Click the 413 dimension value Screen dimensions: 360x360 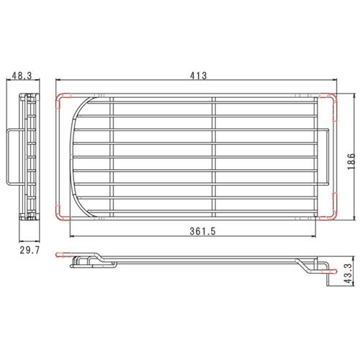coord(198,76)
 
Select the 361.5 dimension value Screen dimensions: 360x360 coord(203,231)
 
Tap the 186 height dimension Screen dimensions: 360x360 coord(351,161)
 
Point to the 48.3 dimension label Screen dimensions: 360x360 coord(22,76)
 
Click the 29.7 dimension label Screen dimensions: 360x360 coord(30,251)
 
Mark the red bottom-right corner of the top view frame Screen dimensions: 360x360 coord(330,211)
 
